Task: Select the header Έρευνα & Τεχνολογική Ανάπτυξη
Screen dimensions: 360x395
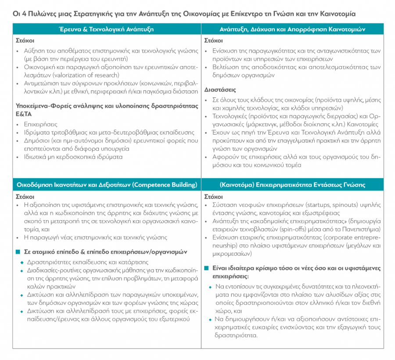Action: pos(106,29)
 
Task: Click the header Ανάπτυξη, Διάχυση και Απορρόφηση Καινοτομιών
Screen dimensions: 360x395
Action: pos(292,29)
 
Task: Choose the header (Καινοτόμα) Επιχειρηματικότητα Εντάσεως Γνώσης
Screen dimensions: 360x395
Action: pos(292,184)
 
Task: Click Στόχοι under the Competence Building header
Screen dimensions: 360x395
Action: pos(25,196)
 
